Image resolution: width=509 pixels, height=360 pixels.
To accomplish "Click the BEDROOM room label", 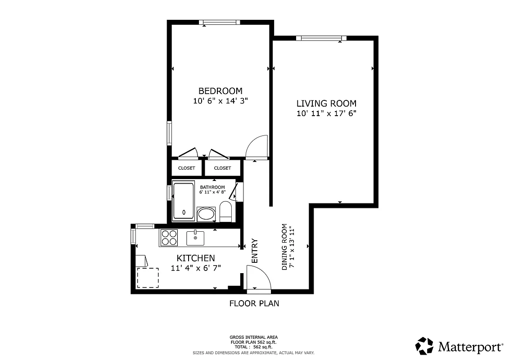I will tap(221, 90).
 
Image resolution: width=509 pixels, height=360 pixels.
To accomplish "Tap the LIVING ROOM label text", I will tap(326, 103).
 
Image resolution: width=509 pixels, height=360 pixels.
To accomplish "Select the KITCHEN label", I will tap(195, 258).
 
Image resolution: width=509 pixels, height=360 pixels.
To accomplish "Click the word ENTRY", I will tap(255, 251).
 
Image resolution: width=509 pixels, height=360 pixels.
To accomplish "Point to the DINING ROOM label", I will tap(284, 247).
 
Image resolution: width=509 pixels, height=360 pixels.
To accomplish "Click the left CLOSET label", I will tap(186, 168).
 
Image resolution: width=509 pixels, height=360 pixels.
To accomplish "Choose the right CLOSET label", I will tap(222, 168).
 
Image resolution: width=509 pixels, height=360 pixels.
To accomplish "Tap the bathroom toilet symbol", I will tap(225, 211).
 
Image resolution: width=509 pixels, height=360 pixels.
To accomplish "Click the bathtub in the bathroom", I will tap(184, 201).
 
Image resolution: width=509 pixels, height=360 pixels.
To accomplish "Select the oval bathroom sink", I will tap(207, 214).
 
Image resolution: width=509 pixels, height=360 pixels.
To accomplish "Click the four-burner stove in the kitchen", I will tap(169, 238).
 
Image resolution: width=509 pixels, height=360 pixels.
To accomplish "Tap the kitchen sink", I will tap(195, 238).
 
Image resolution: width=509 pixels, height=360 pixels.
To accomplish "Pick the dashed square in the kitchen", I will tap(148, 278).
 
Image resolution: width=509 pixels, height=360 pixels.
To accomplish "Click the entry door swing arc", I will tap(259, 277).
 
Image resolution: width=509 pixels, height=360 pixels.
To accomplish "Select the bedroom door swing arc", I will tap(257, 147).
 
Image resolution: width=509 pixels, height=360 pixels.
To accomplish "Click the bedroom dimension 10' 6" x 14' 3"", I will tap(221, 101).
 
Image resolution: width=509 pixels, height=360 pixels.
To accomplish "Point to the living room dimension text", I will tap(326, 114).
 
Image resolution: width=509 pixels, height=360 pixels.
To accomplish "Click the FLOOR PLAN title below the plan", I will tap(254, 303).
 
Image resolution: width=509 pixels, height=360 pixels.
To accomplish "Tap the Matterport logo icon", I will tap(424, 346).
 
